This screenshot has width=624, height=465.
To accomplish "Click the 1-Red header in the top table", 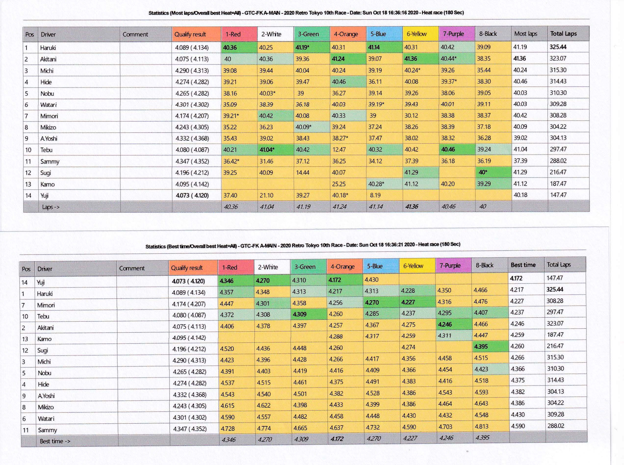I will (x=233, y=34).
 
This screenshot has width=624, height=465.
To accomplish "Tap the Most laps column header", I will (x=525, y=34).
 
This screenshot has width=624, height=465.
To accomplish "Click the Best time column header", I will (x=523, y=265).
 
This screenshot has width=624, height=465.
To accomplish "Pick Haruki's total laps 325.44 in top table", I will (x=558, y=47).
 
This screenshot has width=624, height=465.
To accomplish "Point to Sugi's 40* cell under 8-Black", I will (x=483, y=172).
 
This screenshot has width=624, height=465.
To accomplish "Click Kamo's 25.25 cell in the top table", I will (x=338, y=184).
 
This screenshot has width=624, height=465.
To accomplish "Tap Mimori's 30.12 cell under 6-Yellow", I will (x=411, y=116).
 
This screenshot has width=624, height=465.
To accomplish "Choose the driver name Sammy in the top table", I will (x=50, y=162).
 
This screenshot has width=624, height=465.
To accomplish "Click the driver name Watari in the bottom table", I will (x=46, y=419).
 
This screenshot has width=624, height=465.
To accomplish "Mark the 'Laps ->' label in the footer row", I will (x=51, y=207).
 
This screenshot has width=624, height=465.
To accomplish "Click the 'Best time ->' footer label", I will (x=55, y=441).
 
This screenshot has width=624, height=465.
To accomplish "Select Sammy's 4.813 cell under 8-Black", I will (x=481, y=426).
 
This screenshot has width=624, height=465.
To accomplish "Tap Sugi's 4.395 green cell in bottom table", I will (x=481, y=347).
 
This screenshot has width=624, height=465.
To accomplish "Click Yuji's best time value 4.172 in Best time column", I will (x=516, y=278).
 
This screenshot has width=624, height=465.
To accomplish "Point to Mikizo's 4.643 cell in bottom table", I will (x=481, y=404).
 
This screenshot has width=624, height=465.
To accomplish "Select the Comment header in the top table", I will (x=135, y=34).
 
